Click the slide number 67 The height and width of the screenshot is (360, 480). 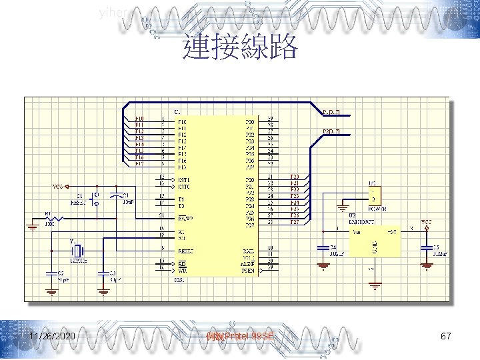[x=446, y=337]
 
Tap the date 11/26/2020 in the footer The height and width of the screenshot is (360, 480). [x=52, y=337]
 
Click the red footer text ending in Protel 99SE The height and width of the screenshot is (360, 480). [x=240, y=337]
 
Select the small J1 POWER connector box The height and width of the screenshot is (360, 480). [x=373, y=196]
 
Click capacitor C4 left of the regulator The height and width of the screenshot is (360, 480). [x=323, y=247]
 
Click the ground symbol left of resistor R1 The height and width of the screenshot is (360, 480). [x=32, y=227]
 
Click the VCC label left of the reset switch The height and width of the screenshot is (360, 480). [x=59, y=187]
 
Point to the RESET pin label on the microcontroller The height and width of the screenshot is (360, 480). [x=186, y=251]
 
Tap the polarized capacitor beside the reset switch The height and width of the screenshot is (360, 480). [x=117, y=195]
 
